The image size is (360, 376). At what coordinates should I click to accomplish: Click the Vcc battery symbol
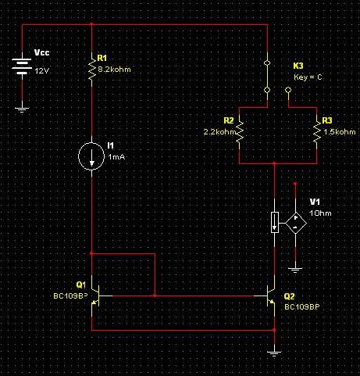[22, 66]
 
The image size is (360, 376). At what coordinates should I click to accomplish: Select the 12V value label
[42, 71]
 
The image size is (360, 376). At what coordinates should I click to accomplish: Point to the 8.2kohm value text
[114, 70]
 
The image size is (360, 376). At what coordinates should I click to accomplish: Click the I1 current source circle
[91, 156]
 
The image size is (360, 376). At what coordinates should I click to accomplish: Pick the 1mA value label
[116, 157]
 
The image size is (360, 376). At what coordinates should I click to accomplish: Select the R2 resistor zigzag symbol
[239, 131]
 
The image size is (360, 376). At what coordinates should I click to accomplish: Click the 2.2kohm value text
[219, 132]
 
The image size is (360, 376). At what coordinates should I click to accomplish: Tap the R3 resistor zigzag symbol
[317, 131]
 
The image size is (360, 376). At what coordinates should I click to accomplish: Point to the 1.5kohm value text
[340, 132]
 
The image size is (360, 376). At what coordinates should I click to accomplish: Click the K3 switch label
[298, 66]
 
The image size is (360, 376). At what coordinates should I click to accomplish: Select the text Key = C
[308, 77]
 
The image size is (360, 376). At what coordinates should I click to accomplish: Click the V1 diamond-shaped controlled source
[295, 223]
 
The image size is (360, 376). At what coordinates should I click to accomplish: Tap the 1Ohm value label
[320, 213]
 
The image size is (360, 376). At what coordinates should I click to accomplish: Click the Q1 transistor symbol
[95, 296]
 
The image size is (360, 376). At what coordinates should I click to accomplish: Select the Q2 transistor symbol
[271, 296]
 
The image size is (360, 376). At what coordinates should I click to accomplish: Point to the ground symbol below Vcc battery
[22, 109]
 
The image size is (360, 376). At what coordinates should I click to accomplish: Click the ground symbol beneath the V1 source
[295, 270]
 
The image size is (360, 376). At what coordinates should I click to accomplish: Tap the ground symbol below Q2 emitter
[274, 354]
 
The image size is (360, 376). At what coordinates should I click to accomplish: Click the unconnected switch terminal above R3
[288, 90]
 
